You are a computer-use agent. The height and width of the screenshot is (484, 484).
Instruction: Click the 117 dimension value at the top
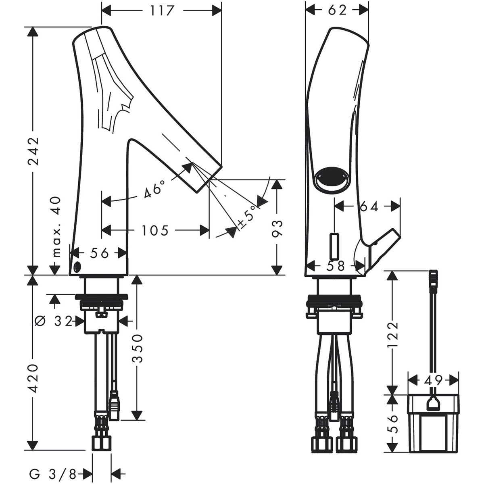pos(162,10)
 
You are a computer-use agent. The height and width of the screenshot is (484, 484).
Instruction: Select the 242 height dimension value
pos(33,151)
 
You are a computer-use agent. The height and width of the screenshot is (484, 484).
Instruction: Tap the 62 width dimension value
pos(337,10)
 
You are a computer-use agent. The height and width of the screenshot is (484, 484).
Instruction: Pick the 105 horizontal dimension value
pos(155,230)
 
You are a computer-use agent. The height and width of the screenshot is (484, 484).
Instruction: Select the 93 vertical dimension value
pos(277,229)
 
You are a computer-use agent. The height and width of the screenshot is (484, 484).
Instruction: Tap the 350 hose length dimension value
pos(137,348)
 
